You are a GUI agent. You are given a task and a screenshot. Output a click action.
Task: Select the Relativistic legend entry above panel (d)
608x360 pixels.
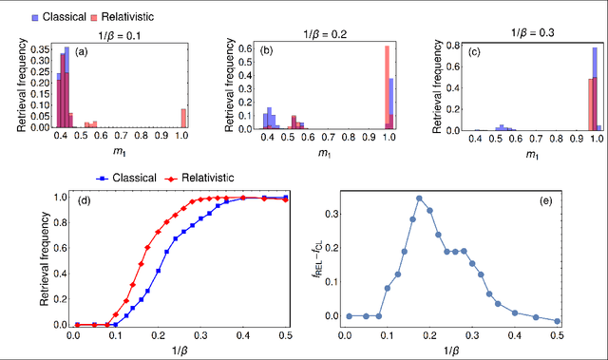pos(204,178)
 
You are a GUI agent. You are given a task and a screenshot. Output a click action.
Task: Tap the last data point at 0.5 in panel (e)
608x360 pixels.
pos(557,321)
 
